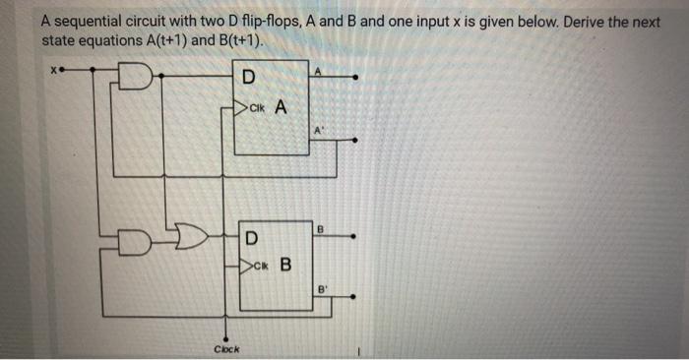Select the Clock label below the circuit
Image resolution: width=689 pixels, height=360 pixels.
coord(226,349)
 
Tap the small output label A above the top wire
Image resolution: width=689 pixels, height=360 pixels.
coord(318,68)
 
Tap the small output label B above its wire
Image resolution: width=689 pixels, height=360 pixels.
coord(319,229)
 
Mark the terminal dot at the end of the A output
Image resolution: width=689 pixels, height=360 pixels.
coord(355,75)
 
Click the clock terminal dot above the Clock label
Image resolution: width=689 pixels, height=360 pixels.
coord(227,333)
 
